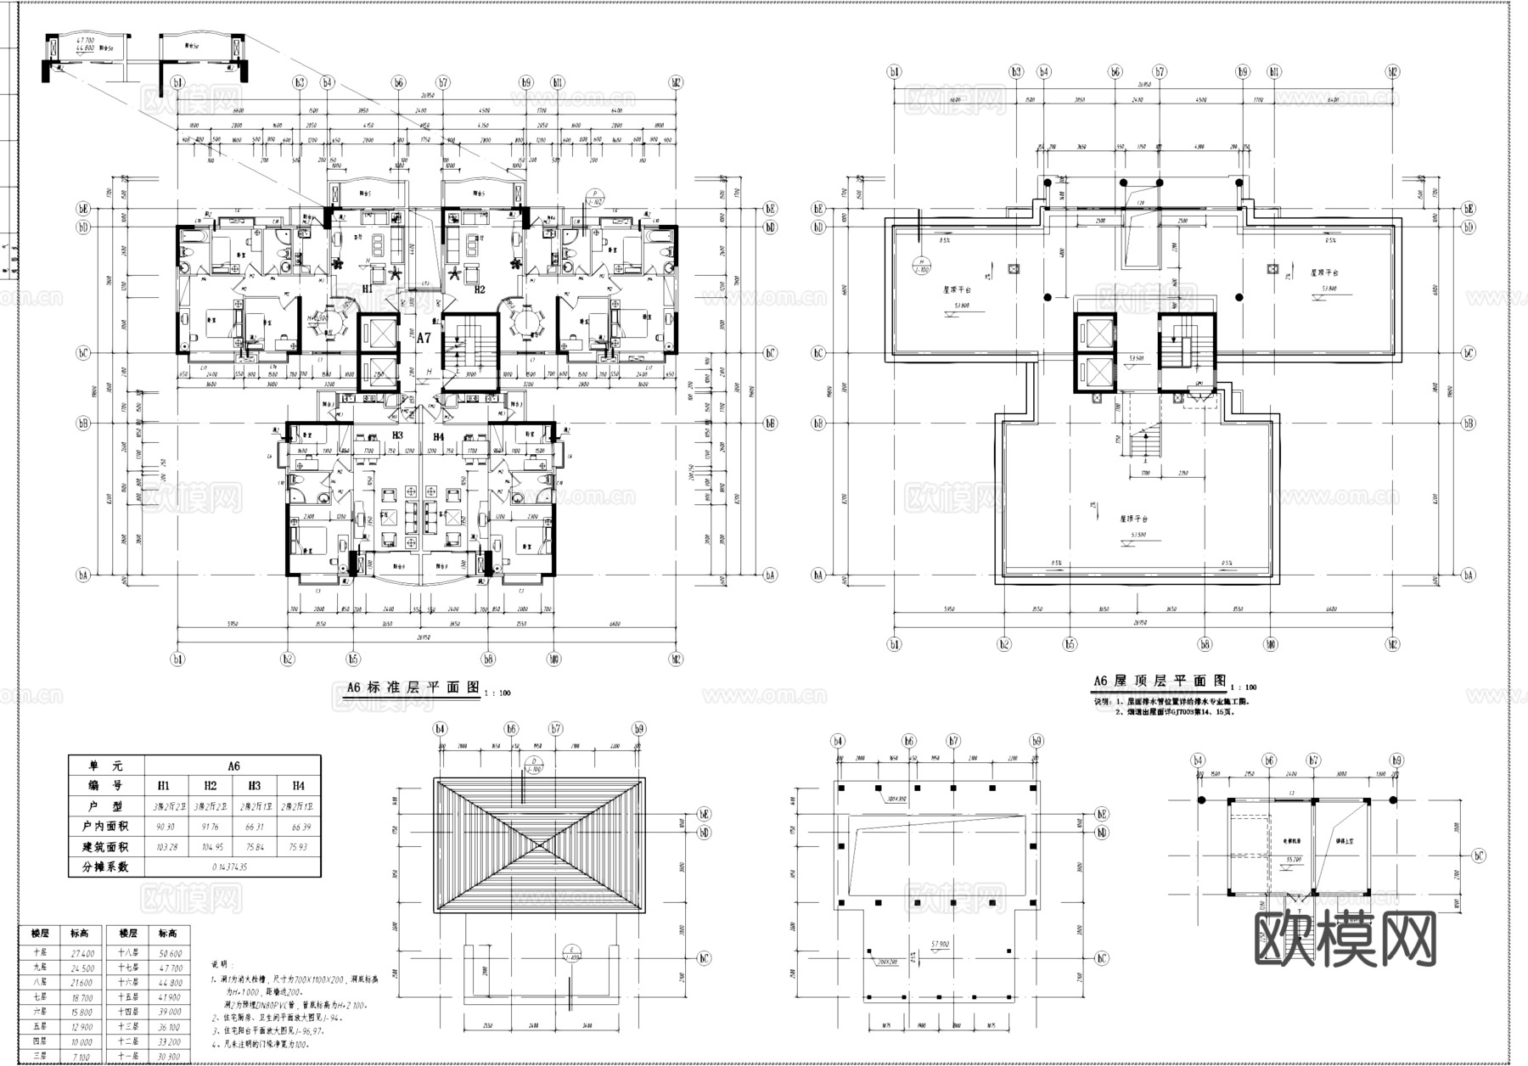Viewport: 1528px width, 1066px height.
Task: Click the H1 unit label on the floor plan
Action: point(368,289)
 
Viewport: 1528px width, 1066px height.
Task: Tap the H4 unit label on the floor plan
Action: point(439,436)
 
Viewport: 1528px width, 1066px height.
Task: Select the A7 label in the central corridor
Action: point(424,337)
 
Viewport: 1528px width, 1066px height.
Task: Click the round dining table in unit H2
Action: point(529,322)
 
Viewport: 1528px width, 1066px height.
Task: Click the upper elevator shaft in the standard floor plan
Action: point(378,332)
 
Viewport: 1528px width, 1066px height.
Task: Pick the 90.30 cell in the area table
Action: point(166,827)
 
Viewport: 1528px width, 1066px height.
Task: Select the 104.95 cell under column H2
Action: point(211,847)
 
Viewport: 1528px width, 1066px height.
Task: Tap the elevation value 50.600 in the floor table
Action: point(169,953)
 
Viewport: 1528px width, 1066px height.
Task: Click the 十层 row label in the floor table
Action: point(39,953)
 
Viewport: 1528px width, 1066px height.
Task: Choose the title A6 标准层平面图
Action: point(413,687)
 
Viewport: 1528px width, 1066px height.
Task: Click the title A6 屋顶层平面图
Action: point(1160,681)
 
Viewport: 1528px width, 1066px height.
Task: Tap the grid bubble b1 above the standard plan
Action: point(177,82)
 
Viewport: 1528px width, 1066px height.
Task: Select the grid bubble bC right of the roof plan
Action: point(1469,353)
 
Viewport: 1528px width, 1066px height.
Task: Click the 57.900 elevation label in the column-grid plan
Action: point(939,944)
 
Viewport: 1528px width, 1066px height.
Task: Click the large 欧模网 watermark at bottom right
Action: point(1345,939)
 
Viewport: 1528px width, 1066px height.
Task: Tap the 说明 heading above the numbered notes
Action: point(220,965)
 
